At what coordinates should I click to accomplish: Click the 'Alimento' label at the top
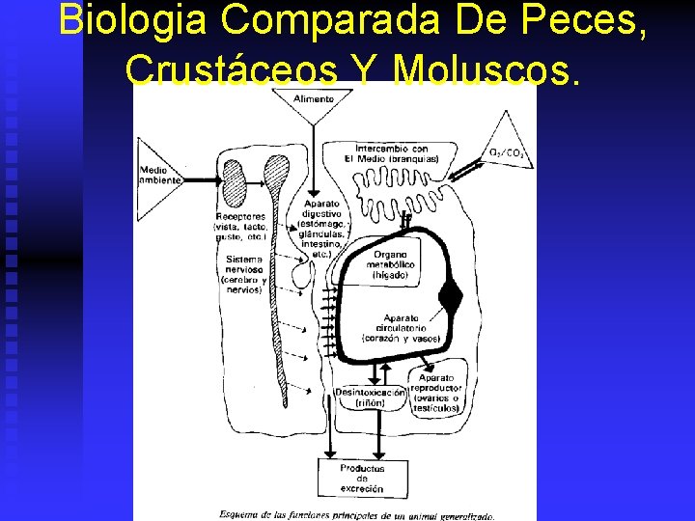(316, 98)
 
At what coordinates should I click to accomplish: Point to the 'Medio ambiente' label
(159, 174)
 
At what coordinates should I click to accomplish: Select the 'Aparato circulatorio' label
(402, 328)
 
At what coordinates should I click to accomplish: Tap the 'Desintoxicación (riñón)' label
(370, 398)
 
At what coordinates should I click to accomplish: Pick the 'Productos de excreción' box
(361, 478)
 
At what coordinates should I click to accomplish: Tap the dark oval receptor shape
(234, 178)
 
